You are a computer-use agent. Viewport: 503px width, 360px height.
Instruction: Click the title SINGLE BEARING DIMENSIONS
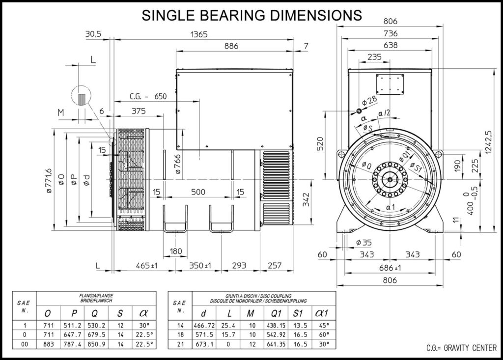click(x=252, y=15)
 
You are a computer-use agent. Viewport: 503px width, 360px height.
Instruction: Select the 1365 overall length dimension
click(x=199, y=34)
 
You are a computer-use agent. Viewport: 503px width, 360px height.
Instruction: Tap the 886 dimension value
click(x=231, y=46)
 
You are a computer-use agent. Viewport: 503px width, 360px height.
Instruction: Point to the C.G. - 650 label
click(x=148, y=96)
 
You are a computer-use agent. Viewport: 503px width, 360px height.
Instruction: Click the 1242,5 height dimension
click(x=488, y=142)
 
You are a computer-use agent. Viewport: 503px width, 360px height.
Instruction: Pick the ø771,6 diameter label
click(x=49, y=181)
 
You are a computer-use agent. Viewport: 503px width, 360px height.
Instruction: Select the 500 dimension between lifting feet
click(x=198, y=192)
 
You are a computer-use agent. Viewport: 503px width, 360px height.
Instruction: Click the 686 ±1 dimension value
click(x=390, y=268)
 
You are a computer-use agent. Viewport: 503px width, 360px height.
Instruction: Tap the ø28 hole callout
click(x=369, y=101)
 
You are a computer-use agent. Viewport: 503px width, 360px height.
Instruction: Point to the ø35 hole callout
click(x=364, y=242)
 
